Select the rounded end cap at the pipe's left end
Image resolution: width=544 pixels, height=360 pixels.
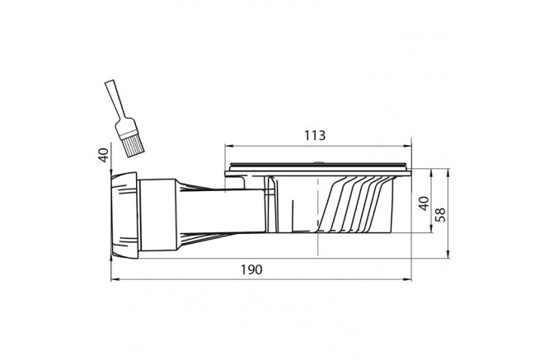(120, 213)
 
